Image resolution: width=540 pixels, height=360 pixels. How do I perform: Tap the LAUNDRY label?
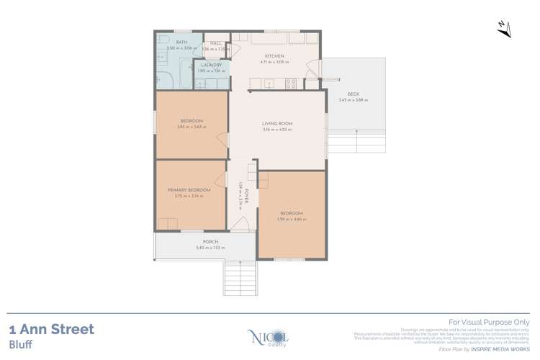(x=211, y=65)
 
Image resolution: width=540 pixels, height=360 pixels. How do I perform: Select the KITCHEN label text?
(x=274, y=56)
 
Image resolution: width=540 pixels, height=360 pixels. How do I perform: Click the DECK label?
(x=352, y=94)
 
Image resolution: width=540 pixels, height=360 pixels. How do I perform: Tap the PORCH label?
(x=210, y=241)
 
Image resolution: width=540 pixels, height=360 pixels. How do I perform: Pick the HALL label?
(x=216, y=43)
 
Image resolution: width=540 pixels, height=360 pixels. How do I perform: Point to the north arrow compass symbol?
(x=505, y=29)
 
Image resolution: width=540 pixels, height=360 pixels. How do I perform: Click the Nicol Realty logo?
(x=259, y=337)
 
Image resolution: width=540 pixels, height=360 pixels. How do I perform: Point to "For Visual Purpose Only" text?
(x=489, y=323)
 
